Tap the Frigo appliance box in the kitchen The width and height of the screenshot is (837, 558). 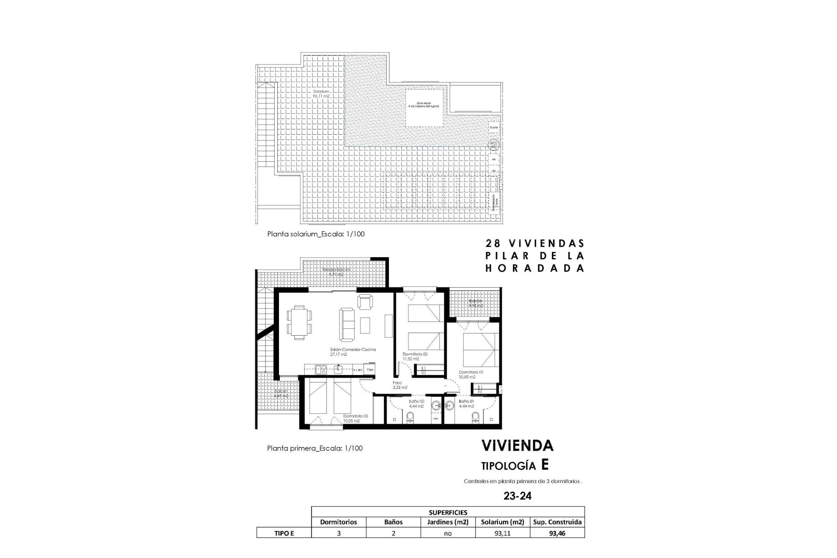pos(370,370)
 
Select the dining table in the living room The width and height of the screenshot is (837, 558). pos(299,322)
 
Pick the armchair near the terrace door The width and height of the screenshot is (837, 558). pos(365,301)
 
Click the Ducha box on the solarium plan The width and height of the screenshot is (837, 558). pos(493,128)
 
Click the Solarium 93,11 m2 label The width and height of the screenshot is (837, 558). pos(320,94)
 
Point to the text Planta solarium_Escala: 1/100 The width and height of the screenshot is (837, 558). pos(316,234)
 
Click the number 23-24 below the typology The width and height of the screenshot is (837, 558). pos(517,496)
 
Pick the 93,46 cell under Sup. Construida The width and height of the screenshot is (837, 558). pos(557,533)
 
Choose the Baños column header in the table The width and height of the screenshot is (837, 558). pos(393,522)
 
